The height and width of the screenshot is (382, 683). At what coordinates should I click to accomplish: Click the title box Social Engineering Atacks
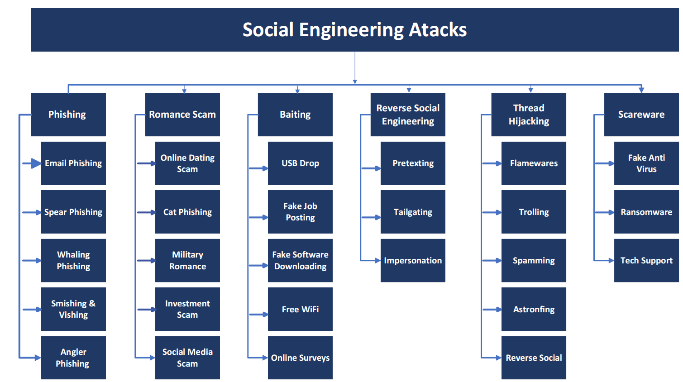(x=355, y=29)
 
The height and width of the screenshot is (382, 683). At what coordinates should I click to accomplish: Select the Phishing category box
(x=68, y=115)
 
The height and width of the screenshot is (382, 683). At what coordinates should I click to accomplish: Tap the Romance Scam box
(x=182, y=115)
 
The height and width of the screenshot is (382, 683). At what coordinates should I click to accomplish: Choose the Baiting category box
(x=295, y=115)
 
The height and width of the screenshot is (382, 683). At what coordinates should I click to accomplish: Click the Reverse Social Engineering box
(x=408, y=115)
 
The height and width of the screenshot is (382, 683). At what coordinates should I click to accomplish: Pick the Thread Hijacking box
(x=529, y=115)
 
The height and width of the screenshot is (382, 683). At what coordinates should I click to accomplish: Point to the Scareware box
(x=641, y=115)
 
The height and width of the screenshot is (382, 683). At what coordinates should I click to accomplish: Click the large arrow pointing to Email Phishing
(x=32, y=163)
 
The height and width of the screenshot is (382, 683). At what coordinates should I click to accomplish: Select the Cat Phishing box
(x=187, y=212)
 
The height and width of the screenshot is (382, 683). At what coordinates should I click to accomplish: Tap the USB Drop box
(x=301, y=163)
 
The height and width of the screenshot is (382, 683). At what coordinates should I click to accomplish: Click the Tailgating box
(x=413, y=212)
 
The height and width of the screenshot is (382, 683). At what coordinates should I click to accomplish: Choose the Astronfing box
(x=534, y=309)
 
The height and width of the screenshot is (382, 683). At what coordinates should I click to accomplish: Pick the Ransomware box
(x=646, y=212)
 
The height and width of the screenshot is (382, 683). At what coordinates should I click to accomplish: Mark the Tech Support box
(x=646, y=260)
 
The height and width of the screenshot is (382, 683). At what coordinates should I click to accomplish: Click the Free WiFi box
(x=301, y=309)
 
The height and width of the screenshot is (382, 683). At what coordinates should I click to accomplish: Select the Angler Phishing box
(x=73, y=358)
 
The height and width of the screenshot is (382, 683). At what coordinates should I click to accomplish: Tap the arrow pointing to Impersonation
(x=370, y=261)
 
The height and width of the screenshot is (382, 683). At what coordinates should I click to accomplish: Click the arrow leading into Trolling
(x=492, y=212)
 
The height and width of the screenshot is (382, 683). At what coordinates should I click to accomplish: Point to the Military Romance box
(x=187, y=260)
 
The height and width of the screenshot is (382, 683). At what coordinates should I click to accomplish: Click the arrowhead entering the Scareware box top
(x=641, y=90)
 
